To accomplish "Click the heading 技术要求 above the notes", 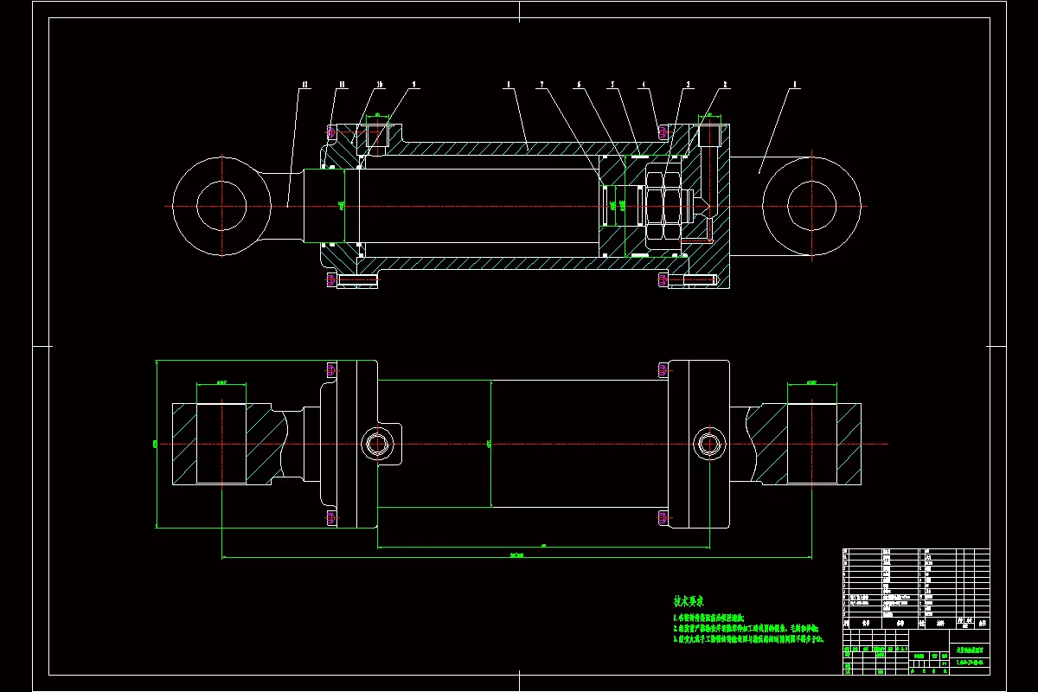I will [x=689, y=600].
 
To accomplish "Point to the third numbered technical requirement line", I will [x=748, y=639].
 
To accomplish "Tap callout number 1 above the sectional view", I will [x=795, y=85].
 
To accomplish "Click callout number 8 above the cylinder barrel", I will [x=509, y=85].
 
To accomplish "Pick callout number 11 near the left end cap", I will [x=343, y=85].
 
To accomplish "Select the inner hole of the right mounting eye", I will [x=811, y=206].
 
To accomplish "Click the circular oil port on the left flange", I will [x=376, y=444].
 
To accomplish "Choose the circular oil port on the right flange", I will [x=708, y=444].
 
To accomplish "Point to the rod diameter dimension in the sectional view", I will [x=343, y=205].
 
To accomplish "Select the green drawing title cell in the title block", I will [x=970, y=650].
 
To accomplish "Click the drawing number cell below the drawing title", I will [x=970, y=663].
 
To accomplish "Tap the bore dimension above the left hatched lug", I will [x=221, y=381].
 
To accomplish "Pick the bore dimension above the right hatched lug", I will [x=811, y=381].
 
